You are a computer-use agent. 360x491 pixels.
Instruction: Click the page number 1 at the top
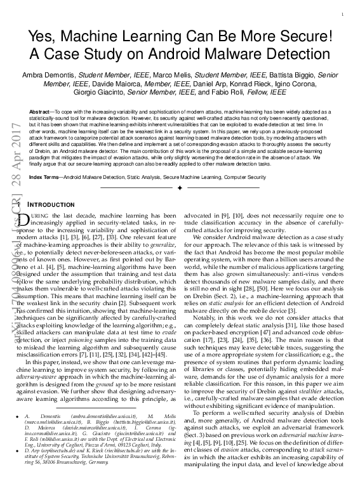coord(343,14)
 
